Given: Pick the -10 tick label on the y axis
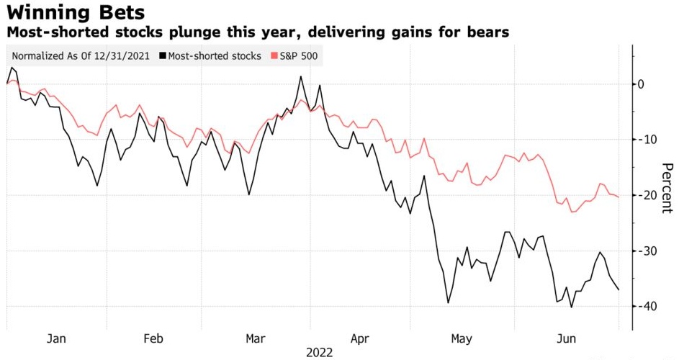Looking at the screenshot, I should point(646,140).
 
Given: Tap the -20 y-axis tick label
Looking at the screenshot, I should point(646,195).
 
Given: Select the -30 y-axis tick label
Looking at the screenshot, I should point(646,251).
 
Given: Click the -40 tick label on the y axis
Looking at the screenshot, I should point(646,306).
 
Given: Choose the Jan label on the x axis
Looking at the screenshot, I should point(56,338).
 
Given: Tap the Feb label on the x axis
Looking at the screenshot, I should point(155,338).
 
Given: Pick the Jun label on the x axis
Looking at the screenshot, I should point(566,338).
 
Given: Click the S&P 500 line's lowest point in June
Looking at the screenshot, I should point(572,212).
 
